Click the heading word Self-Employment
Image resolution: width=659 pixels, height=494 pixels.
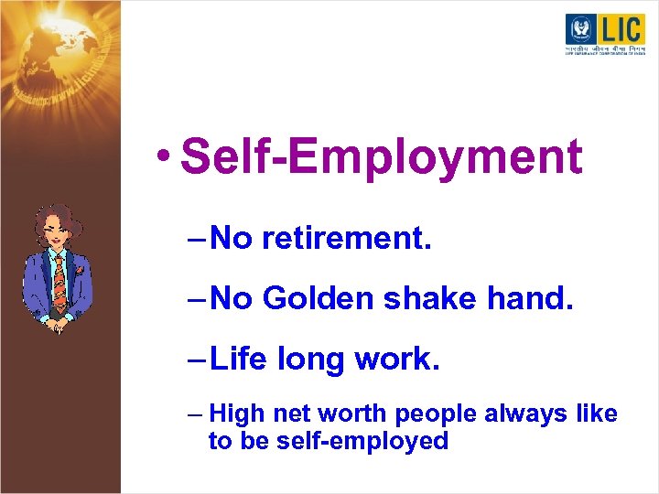[381, 156]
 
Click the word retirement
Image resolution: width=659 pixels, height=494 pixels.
[347, 239]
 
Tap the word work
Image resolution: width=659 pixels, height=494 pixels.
[398, 359]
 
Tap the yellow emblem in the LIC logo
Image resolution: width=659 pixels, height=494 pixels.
[580, 28]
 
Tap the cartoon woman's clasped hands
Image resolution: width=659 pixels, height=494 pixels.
[57, 320]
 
